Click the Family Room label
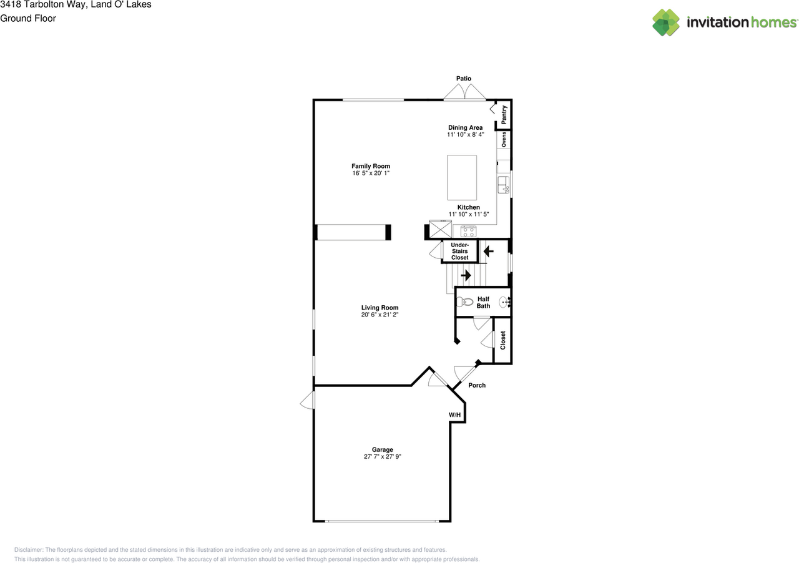coord(370,166)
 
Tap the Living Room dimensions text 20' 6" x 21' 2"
coord(380,315)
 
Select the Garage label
coord(383,449)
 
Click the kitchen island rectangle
coord(462,177)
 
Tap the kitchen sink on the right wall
coord(503,185)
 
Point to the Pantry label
coord(504,115)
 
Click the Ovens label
coord(504,139)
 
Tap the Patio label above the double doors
coord(463,79)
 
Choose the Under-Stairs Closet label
coord(459,251)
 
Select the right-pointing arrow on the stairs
coord(466,275)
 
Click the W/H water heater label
coord(454,415)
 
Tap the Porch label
coord(477,385)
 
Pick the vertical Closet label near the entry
coord(502,340)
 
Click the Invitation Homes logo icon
coord(666,22)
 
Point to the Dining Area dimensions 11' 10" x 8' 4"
coord(465,135)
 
